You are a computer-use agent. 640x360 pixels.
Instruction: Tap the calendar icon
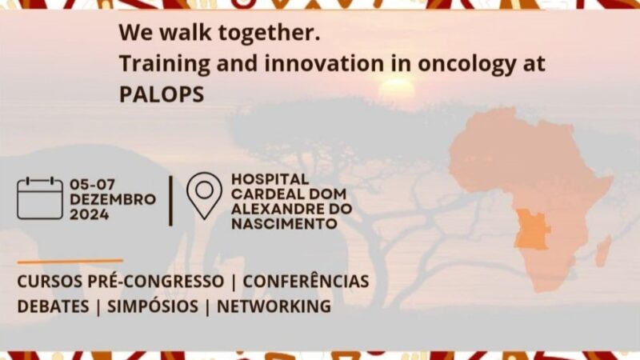[39, 198]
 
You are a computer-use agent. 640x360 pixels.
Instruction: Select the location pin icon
[204, 194]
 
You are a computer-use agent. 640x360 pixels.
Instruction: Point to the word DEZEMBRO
[113, 199]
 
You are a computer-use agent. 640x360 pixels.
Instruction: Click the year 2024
[90, 214]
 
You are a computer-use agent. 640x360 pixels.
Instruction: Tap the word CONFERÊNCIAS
[306, 282]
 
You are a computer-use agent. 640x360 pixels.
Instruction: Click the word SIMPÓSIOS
[152, 306]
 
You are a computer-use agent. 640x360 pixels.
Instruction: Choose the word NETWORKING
[274, 306]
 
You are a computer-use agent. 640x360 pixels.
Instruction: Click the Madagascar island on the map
[602, 250]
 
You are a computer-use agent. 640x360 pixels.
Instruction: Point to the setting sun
[397, 89]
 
